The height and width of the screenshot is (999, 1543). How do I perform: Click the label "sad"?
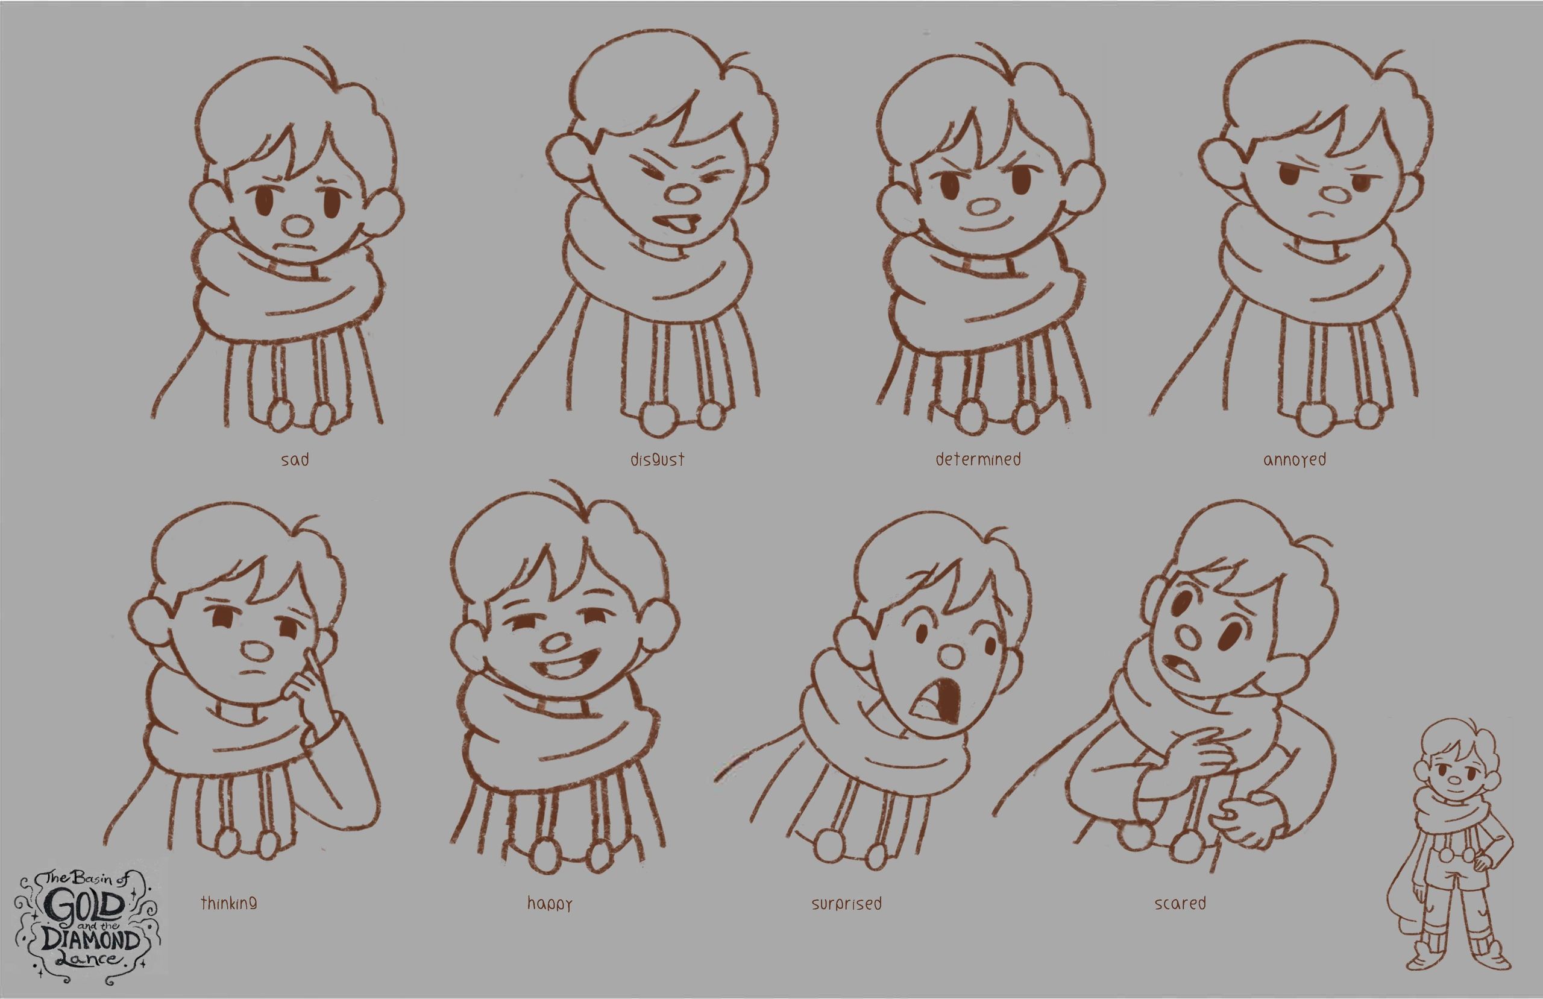[x=295, y=460]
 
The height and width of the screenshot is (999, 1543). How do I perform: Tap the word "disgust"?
[x=658, y=460]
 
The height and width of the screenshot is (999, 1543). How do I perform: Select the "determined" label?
[x=978, y=459]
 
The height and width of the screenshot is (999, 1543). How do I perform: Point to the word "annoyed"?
[x=1295, y=460]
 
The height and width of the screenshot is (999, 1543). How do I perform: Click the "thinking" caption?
[x=228, y=903]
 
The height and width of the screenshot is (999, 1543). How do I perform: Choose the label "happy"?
[x=550, y=904]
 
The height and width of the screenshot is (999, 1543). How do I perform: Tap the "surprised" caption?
[x=847, y=903]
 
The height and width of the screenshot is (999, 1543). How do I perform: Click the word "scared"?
[x=1180, y=903]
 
